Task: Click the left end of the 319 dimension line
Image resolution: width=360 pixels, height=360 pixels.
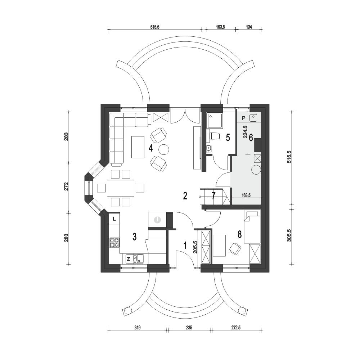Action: pos(109,330)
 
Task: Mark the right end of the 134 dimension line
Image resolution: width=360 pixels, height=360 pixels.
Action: pos(262,29)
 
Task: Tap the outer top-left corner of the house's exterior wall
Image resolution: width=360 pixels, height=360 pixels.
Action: pos(101,104)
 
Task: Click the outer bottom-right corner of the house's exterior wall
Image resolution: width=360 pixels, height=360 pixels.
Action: pos(269,272)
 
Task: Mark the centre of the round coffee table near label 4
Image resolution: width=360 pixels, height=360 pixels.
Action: pos(164,149)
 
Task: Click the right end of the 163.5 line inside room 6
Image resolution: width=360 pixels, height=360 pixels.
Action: pos(261,198)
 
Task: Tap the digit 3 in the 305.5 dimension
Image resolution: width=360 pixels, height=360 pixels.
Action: pos(289,240)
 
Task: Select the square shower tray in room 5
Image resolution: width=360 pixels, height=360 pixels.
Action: pos(215,121)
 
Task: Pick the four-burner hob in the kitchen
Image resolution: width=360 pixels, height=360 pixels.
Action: pos(114,243)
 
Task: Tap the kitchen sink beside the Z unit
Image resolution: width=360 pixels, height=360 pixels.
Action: pos(139,259)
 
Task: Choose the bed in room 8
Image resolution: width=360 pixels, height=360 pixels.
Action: pos(252,226)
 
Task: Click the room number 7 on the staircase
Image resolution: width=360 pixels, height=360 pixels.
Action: pos(213,195)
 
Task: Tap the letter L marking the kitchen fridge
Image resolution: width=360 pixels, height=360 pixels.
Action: pos(114,219)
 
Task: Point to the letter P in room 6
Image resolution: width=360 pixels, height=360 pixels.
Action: pos(244,118)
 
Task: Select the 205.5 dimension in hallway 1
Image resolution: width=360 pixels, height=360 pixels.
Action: pos(195,247)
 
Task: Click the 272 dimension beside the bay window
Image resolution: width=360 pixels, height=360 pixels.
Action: pos(66,186)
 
